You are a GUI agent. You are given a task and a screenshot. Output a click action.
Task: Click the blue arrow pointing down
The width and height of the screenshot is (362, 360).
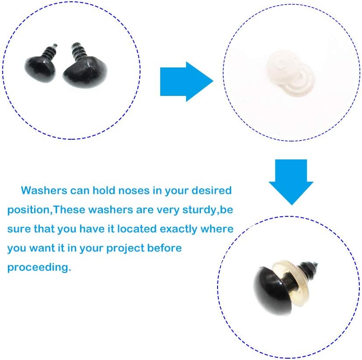(291, 182)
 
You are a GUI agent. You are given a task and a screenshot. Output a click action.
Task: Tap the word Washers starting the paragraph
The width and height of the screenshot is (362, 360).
(44, 191)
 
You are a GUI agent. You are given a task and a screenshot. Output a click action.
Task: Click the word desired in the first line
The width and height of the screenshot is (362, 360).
(211, 191)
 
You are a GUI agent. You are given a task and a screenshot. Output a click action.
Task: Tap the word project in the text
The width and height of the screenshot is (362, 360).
(125, 248)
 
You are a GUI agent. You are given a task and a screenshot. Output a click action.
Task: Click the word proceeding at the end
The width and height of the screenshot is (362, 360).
(39, 268)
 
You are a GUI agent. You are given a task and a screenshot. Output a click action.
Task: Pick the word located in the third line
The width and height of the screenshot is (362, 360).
(137, 229)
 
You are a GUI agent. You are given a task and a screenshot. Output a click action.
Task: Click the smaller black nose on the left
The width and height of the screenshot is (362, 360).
(40, 69)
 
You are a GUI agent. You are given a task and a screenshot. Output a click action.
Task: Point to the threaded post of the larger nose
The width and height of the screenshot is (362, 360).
(78, 52)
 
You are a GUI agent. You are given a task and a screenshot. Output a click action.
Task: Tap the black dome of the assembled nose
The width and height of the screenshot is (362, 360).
(272, 291)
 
